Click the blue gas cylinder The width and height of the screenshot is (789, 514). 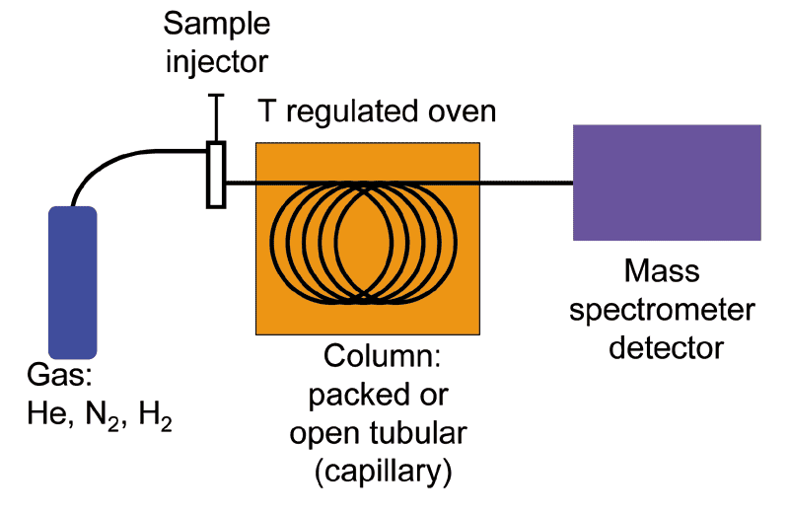click(69, 282)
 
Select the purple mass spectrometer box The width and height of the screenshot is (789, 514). click(667, 183)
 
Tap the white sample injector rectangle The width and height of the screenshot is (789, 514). click(216, 175)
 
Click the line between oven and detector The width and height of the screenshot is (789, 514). click(527, 183)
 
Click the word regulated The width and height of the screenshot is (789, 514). click(346, 110)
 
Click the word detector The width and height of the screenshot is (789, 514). click(667, 347)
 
